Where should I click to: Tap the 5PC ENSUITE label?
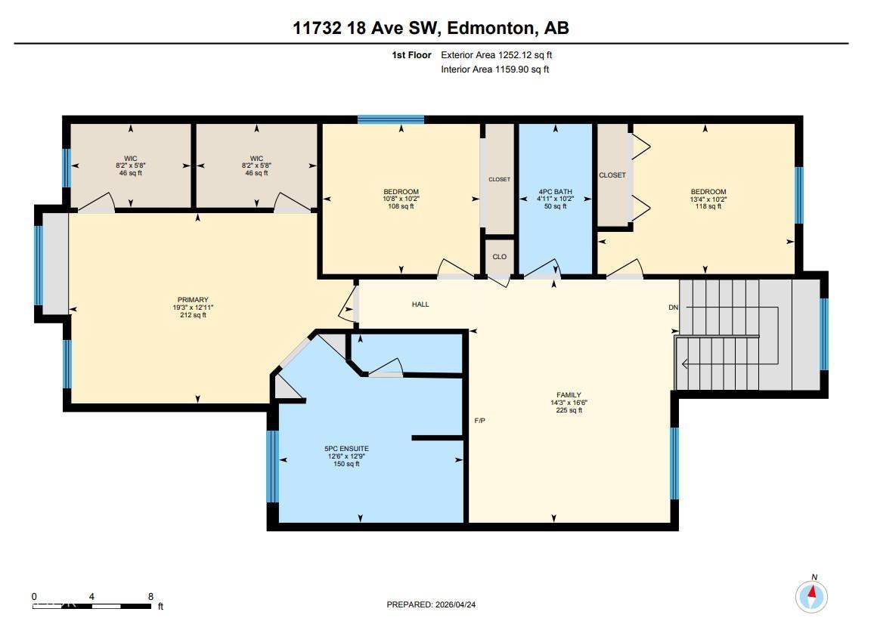click(348, 449)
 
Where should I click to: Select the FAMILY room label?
click(569, 394)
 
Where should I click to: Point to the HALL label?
click(420, 304)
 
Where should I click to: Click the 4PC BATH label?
click(556, 192)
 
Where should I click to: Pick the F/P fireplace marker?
click(479, 420)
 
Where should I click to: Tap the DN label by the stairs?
click(673, 307)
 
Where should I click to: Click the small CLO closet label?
click(499, 257)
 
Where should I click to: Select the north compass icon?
click(811, 596)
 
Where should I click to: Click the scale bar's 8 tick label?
click(151, 596)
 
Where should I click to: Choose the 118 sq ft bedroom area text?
click(708, 206)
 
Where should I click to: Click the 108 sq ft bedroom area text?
click(401, 206)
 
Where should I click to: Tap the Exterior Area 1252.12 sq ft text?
click(501, 55)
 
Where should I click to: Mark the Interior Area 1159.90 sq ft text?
click(494, 70)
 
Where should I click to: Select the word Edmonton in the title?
click(488, 29)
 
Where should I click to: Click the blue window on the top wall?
click(391, 119)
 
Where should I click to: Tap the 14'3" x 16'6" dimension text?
click(569, 403)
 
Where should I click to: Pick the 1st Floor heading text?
click(412, 55)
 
